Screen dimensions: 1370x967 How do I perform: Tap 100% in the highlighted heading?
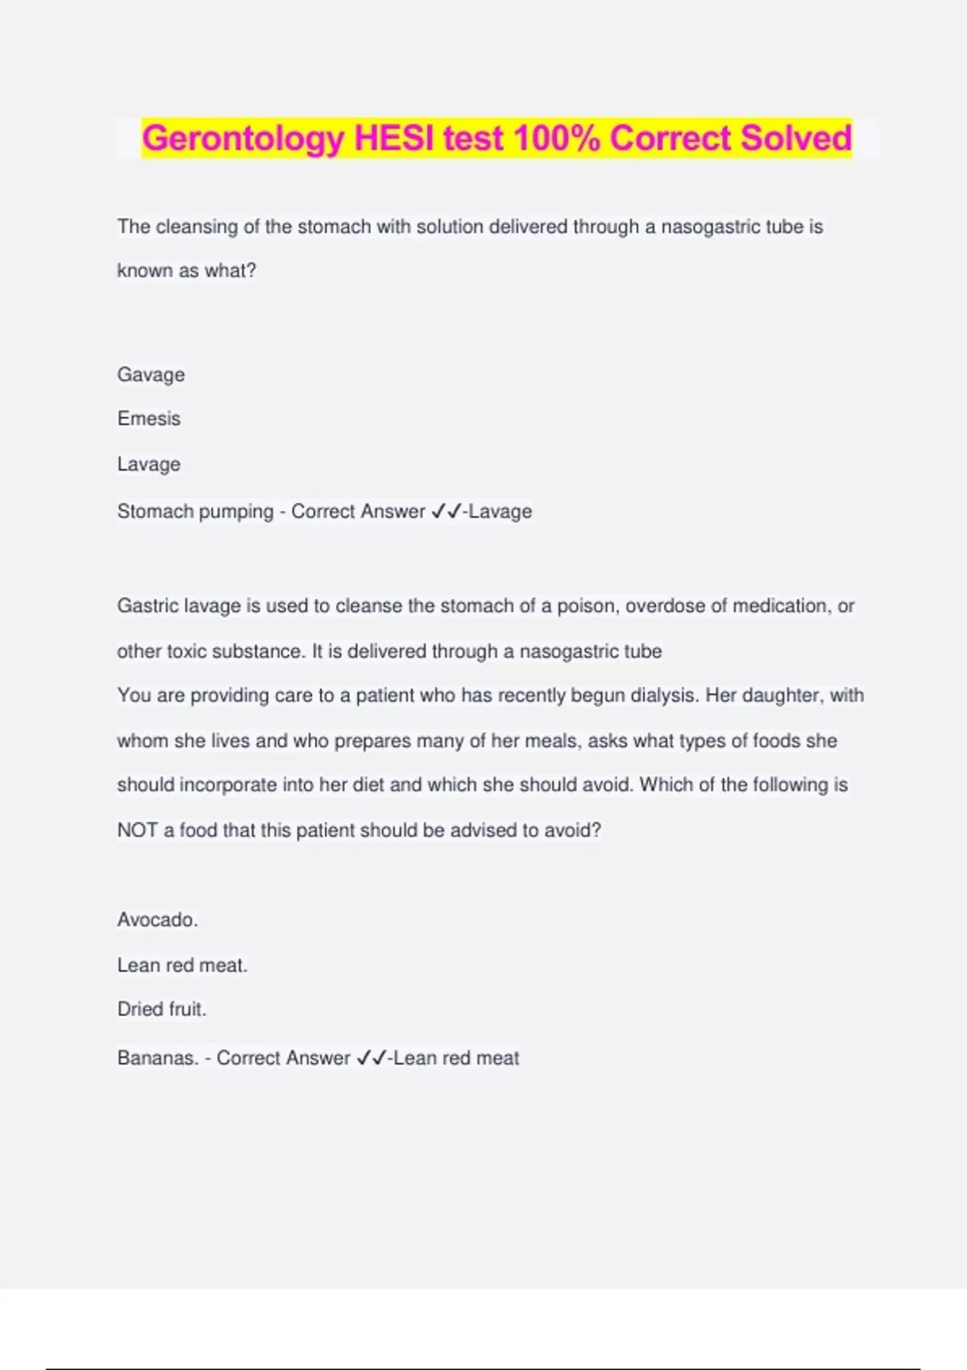(556, 139)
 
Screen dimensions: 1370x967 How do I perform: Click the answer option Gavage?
(151, 375)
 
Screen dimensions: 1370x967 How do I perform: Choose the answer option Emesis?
(149, 419)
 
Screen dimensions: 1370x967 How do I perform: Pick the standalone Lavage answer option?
(149, 464)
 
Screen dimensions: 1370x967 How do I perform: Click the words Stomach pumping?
(195, 512)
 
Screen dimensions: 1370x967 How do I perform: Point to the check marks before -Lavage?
(446, 511)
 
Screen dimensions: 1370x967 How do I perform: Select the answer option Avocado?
(157, 920)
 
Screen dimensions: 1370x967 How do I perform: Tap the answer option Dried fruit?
(162, 1010)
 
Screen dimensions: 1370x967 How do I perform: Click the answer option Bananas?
(158, 1058)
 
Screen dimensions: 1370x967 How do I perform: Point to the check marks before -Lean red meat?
(371, 1057)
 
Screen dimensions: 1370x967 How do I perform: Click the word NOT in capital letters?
(137, 831)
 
